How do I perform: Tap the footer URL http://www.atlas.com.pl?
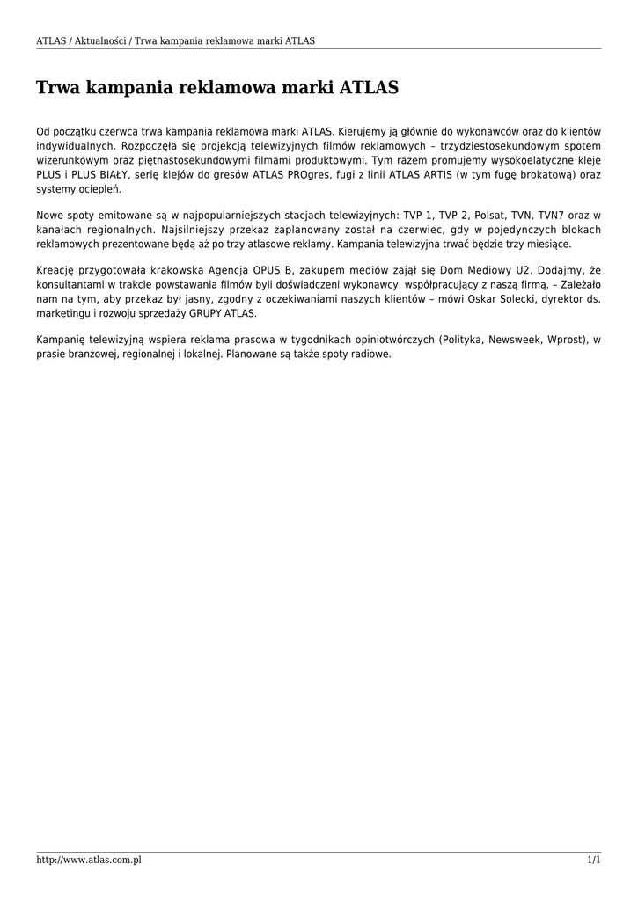click(x=89, y=860)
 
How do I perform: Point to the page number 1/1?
click(x=594, y=860)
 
